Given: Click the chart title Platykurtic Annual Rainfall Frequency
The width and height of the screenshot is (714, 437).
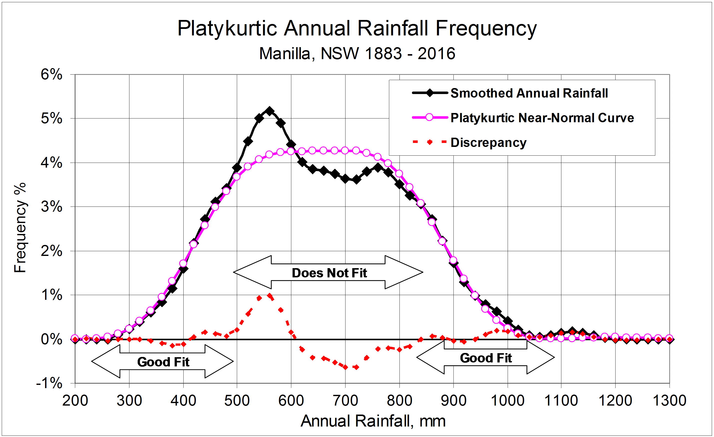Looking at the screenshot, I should point(357,28).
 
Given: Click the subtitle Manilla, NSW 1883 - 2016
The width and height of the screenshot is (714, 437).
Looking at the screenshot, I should point(357,54).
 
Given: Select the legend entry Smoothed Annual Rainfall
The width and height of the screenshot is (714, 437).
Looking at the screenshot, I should point(529,93).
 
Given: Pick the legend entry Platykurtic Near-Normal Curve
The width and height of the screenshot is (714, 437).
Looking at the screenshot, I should point(542,118).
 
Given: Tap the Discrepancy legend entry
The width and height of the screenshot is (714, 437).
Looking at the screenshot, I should point(488,142).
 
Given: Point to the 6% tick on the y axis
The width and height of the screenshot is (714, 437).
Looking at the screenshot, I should point(51,75).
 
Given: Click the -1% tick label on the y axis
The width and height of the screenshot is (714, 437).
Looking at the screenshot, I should point(49,383).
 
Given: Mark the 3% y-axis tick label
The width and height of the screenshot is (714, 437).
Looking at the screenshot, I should point(51,207).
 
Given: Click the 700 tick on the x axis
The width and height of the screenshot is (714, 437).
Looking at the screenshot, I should point(345,401).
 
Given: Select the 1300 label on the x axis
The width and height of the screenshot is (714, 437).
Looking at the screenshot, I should point(669,401).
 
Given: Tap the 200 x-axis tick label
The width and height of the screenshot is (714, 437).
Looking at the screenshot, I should point(75,401).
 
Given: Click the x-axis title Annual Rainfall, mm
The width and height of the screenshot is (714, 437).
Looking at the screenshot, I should point(373,421).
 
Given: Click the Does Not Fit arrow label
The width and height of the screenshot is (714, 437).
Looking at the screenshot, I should point(329,273).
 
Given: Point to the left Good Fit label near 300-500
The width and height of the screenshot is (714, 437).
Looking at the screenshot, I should point(163,362).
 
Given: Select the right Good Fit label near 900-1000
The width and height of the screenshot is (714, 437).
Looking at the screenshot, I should point(486,358).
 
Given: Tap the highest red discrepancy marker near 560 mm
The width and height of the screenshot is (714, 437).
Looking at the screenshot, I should point(270,296).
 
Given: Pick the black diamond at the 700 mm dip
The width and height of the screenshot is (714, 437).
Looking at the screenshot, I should point(345,179).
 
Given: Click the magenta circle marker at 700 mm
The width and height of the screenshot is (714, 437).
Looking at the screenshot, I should point(345,150).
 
